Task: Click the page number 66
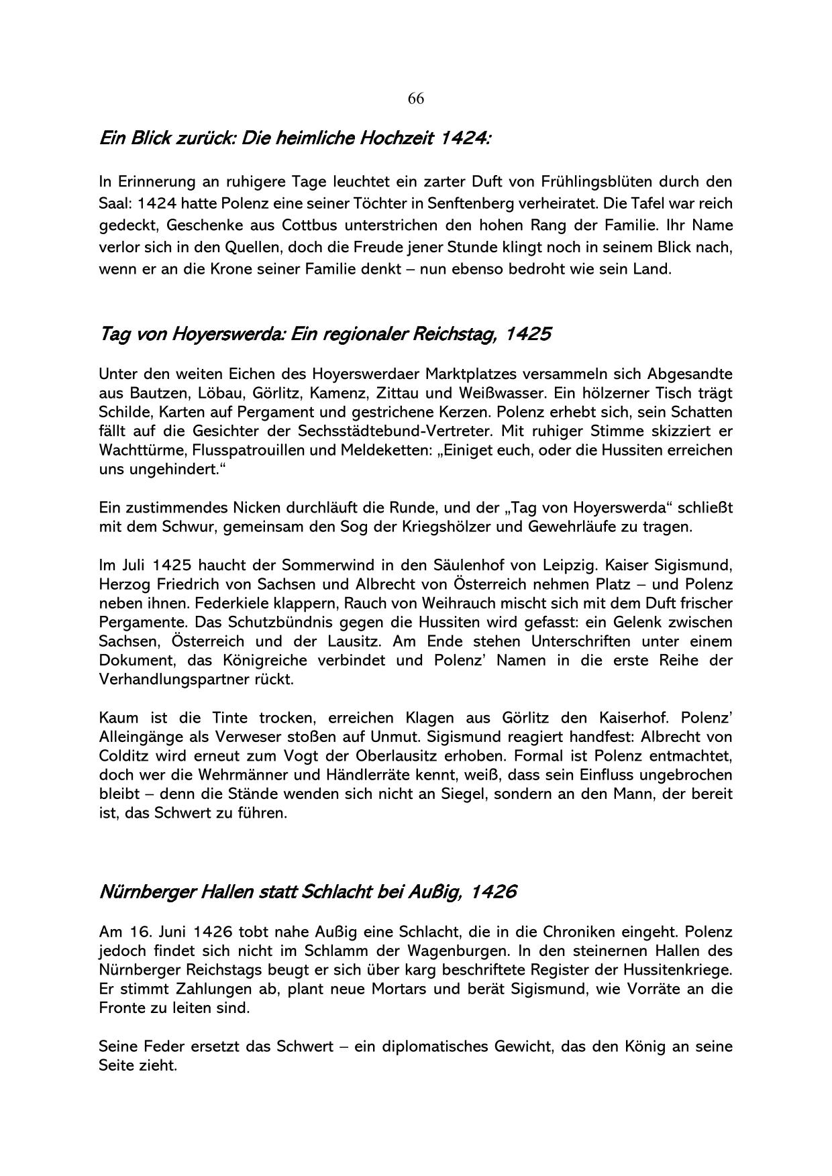[x=415, y=99]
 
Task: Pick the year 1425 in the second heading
[x=527, y=333]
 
